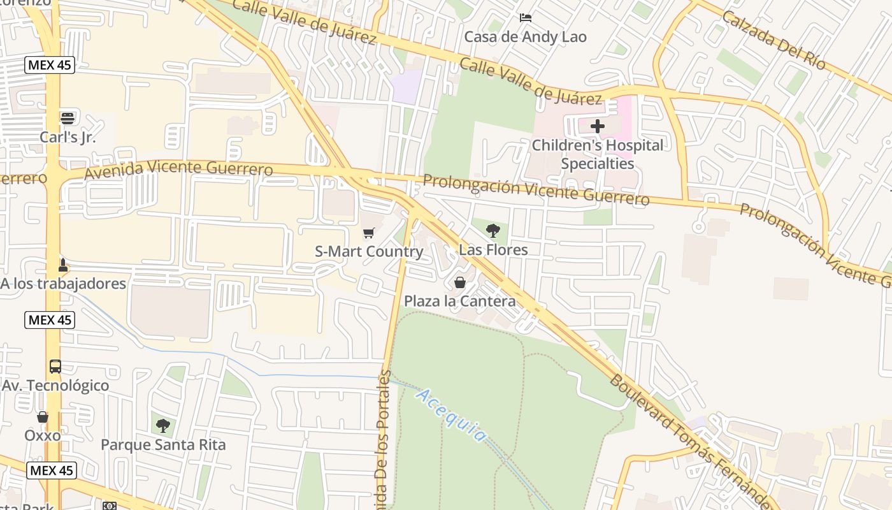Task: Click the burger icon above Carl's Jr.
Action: (x=68, y=118)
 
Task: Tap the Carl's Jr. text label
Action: (x=68, y=137)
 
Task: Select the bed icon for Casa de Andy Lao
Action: (x=526, y=17)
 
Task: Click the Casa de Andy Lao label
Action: (x=525, y=37)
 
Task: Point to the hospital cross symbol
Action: (x=597, y=126)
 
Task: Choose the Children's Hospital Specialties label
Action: (x=597, y=154)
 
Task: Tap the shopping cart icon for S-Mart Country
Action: (x=368, y=233)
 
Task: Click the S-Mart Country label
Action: (x=369, y=252)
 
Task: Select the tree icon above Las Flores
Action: (x=493, y=230)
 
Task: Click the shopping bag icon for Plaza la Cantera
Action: (x=459, y=282)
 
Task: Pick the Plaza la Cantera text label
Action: (x=459, y=301)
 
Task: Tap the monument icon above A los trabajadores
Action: (x=62, y=265)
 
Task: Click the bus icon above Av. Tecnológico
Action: (x=55, y=367)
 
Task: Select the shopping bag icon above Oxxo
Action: (x=43, y=417)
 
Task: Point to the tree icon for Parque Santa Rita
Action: (x=163, y=425)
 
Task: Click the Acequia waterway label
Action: (x=451, y=415)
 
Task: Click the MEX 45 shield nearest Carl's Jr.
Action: (x=50, y=64)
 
